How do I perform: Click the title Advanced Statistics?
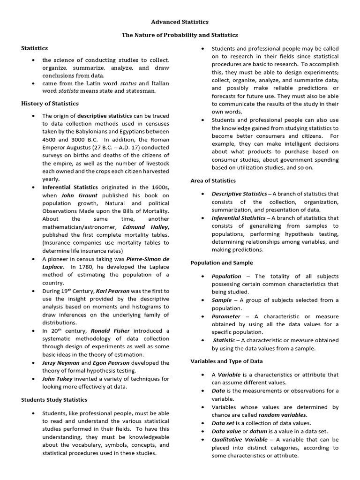tap(180, 22)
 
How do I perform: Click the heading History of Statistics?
tap(50, 103)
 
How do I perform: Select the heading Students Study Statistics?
tap(54, 400)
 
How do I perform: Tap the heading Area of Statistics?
tap(213, 180)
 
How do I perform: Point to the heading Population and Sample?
tap(221, 263)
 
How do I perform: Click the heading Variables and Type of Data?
tap(226, 361)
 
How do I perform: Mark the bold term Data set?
tap(224, 423)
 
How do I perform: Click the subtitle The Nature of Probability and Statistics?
tap(180, 35)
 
